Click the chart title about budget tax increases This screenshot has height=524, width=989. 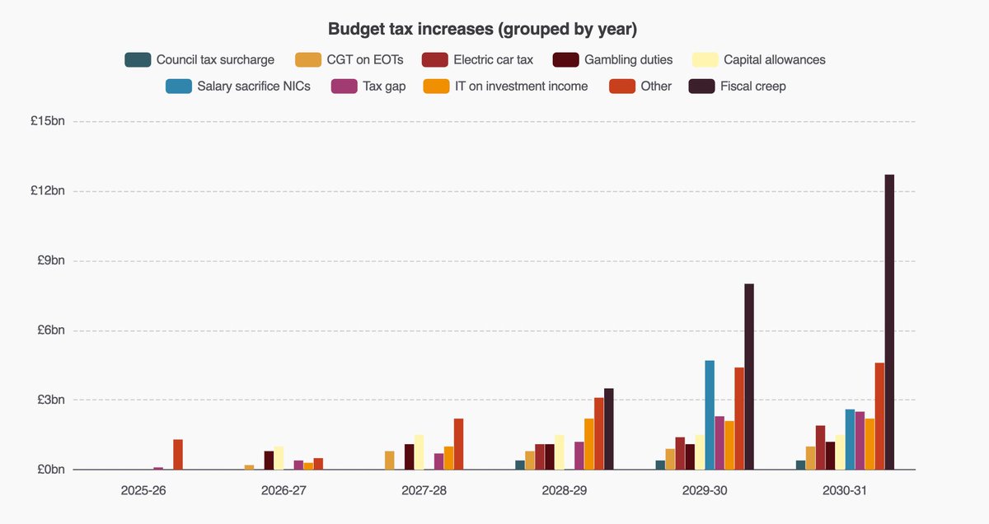482,29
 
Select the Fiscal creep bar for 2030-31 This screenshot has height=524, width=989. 889,322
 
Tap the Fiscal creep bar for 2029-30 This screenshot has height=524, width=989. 749,377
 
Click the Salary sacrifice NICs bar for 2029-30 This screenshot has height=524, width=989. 710,415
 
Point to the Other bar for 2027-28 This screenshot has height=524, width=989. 458,444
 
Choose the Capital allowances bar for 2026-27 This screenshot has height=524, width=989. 279,458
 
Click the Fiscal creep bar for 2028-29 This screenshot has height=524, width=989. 609,429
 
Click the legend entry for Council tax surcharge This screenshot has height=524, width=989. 199,59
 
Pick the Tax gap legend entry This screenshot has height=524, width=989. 368,86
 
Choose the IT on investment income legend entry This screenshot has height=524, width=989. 505,86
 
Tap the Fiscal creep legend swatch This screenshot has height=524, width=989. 701,86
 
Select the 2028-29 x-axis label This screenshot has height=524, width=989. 565,490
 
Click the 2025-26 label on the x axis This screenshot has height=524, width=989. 144,490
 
